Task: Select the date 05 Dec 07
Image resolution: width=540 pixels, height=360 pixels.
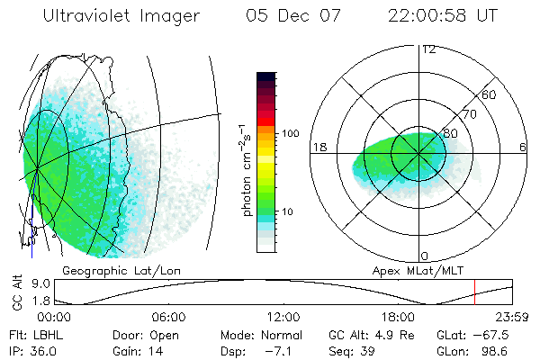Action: pyautogui.click(x=290, y=16)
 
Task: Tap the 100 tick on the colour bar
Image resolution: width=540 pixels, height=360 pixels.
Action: pyautogui.click(x=289, y=133)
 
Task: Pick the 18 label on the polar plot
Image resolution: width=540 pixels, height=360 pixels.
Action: pyautogui.click(x=317, y=146)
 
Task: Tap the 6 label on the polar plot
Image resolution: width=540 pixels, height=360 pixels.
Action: pyautogui.click(x=523, y=147)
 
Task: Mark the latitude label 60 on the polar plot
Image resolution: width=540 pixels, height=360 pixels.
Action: pyautogui.click(x=490, y=94)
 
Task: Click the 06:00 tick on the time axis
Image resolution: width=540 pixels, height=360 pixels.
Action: pyautogui.click(x=168, y=317)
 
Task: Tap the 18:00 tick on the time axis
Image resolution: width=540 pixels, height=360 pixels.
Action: pyautogui.click(x=398, y=317)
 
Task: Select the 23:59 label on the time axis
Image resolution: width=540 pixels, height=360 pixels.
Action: pyautogui.click(x=511, y=317)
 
